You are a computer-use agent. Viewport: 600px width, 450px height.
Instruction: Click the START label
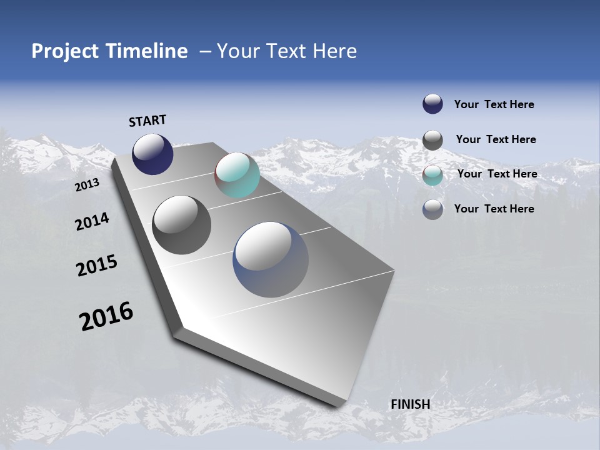147,121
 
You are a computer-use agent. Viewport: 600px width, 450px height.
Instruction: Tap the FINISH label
411,404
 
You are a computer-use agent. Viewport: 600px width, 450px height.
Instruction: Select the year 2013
87,185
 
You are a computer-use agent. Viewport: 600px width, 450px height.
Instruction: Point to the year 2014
92,221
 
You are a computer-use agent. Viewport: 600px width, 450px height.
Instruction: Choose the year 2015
97,266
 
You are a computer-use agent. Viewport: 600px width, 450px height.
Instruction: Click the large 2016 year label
106,316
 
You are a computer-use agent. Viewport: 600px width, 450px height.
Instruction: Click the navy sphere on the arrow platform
152,154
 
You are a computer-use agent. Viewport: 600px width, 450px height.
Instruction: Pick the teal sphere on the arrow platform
237,176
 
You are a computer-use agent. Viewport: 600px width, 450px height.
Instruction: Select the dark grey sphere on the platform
181,225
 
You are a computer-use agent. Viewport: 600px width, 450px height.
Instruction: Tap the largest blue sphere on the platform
271,259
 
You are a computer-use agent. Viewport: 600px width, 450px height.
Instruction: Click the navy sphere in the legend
432,104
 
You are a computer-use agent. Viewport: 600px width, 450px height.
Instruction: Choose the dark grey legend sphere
432,140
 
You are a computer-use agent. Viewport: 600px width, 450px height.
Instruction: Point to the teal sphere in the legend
432,175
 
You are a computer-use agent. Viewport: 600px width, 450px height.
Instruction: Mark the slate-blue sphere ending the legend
432,209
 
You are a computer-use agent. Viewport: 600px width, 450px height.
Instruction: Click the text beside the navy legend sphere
494,104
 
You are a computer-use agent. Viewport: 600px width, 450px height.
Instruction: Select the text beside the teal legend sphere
497,174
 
